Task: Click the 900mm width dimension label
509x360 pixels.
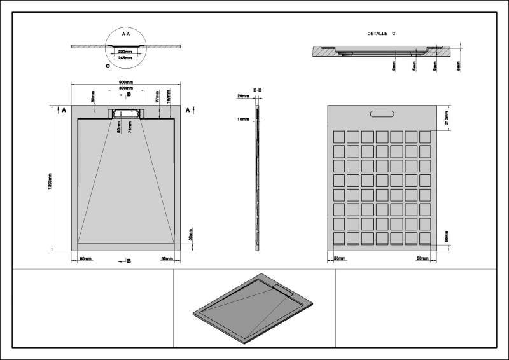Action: pos(126,83)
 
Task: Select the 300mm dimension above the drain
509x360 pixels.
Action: pos(126,88)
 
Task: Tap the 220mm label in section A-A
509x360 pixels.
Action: pos(125,52)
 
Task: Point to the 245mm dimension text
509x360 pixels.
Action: pos(125,58)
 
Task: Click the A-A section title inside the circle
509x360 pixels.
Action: pos(125,34)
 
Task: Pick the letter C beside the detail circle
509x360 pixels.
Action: pos(108,65)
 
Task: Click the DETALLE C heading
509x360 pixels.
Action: pos(382,32)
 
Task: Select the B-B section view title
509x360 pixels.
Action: pos(257,90)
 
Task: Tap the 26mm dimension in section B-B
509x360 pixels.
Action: pos(242,96)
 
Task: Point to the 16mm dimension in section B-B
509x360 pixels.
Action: pos(242,119)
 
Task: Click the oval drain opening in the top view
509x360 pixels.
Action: pos(126,114)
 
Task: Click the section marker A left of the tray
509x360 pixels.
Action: pos(63,111)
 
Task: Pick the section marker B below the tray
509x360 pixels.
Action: pos(129,261)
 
